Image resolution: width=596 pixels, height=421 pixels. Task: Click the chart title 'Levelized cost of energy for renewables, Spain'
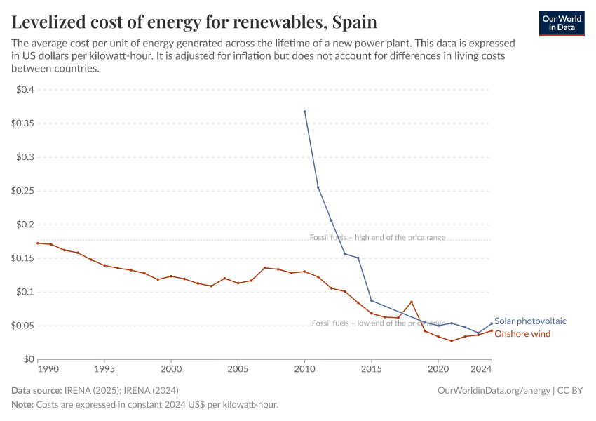194,22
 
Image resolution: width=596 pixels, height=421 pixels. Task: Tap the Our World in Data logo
561,23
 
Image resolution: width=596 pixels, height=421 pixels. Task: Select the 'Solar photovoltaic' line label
530,321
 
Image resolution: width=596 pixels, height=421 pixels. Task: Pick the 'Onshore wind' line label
522,334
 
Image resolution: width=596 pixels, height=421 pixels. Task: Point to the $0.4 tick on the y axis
25,90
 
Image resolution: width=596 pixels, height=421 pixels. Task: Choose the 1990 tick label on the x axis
48,368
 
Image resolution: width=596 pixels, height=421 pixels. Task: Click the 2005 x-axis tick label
238,368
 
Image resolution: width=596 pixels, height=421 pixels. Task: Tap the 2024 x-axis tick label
481,368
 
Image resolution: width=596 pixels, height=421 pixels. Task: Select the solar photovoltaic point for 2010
304,112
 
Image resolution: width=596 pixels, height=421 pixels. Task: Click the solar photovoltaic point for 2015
371,300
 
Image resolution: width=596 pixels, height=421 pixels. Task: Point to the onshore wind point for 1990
38,243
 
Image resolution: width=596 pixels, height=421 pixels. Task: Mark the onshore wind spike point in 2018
412,302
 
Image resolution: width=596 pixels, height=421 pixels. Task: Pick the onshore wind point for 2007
264,267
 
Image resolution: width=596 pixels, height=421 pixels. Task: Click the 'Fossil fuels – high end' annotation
377,238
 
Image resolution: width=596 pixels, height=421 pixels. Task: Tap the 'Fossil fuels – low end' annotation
378,323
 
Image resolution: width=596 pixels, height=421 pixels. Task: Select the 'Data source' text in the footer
36,390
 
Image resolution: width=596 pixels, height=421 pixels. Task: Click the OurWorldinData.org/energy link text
493,390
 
